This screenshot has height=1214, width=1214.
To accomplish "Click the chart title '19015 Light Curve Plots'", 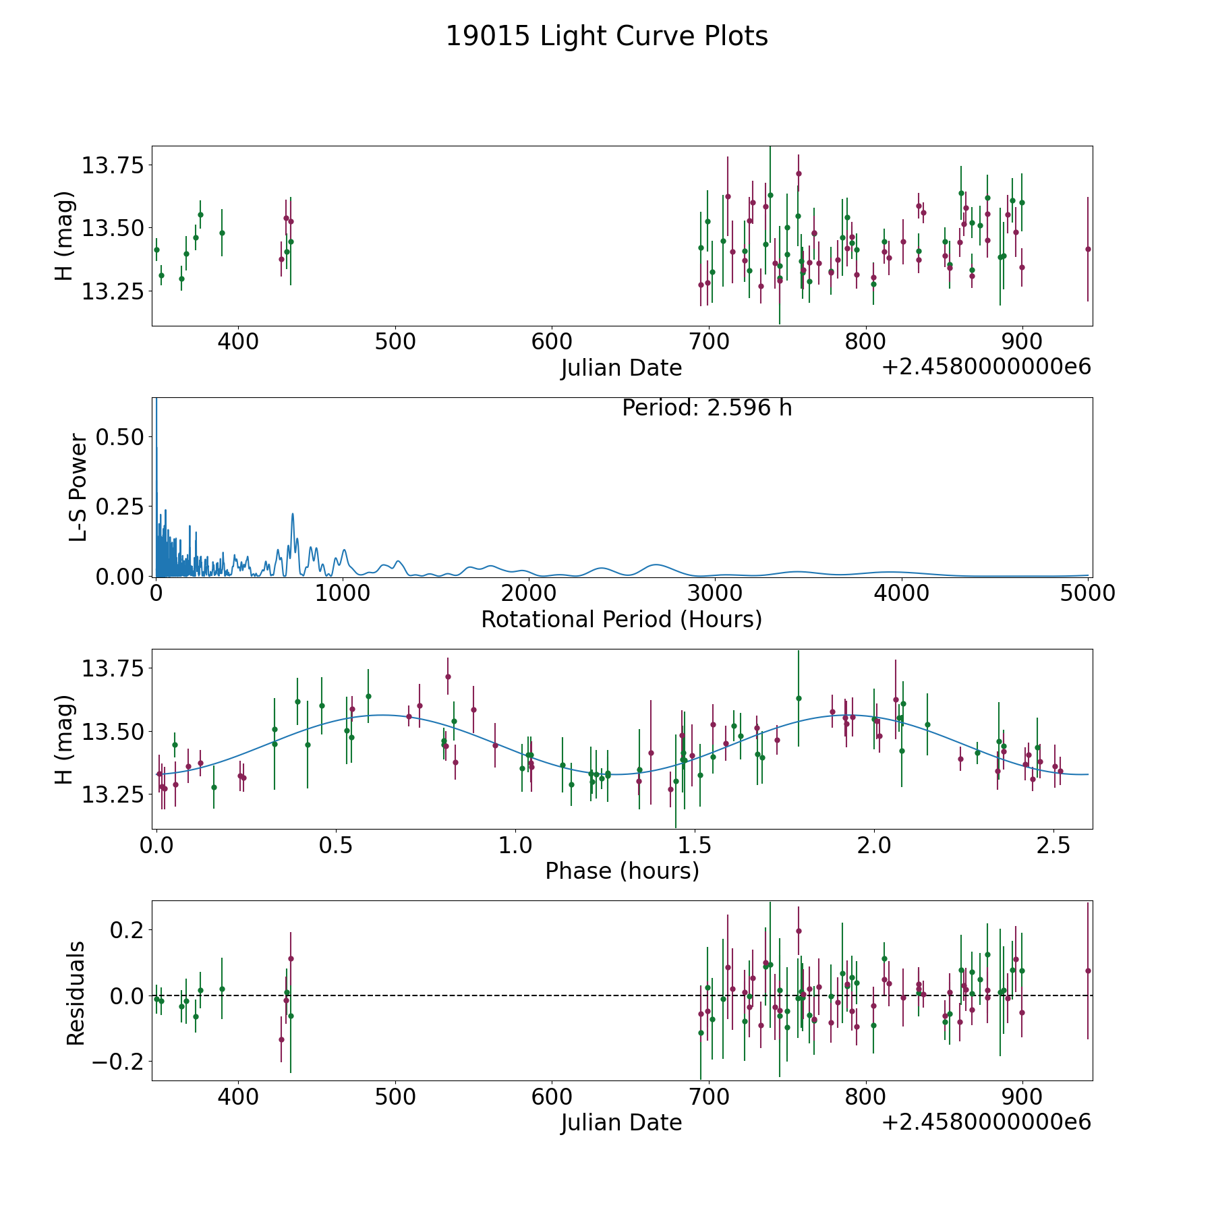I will pos(606,36).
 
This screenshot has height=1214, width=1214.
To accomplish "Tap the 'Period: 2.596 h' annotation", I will pos(706,408).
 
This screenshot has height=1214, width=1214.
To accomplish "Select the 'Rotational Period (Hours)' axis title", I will pos(621,619).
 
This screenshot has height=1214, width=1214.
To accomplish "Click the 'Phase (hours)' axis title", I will pos(621,871).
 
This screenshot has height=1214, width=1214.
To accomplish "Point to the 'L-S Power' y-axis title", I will pos(78,488).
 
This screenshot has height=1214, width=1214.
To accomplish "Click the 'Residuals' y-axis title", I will pos(76,993).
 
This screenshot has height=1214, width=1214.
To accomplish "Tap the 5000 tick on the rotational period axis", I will pos(1087,594).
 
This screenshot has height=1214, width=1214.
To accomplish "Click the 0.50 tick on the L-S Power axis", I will pos(119,437).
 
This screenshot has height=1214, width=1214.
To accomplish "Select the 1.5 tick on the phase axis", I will pos(695,846).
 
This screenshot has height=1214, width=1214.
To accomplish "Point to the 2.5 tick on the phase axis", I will pos(1053,846).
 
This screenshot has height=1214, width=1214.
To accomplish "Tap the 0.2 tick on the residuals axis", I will pos(124,930).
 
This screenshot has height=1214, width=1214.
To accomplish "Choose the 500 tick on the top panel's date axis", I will pos(395,342).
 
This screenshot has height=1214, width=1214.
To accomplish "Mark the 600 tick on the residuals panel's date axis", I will pos(552,1097).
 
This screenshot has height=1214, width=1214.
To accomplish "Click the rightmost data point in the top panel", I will pos(1087,249).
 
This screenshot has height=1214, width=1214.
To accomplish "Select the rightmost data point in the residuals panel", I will pos(1087,971).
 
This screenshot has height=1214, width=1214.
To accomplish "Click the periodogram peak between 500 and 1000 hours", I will pos(293,514).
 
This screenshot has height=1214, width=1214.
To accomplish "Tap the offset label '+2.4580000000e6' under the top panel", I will pos(986,368).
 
